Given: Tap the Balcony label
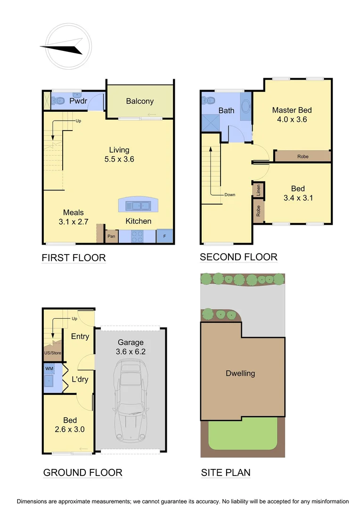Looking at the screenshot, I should tap(139, 101).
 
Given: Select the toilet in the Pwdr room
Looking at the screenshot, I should tap(59, 100).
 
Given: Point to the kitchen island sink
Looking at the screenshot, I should tap(138, 205).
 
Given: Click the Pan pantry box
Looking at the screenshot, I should tap(112, 236).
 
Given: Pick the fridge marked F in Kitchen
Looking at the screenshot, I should tap(164, 236).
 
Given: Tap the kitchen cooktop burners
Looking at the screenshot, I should tap(137, 236).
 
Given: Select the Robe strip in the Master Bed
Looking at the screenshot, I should tap(303, 156).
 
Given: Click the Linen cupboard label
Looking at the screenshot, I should tap(259, 190).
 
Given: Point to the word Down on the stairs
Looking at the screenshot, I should tap(230, 195).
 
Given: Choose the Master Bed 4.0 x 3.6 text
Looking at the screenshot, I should tap(292, 115).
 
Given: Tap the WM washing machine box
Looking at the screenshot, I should tap(49, 368).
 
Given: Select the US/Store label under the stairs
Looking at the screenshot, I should tap(52, 353).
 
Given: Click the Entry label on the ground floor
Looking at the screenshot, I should tap(80, 337).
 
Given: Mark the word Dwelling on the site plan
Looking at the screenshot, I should tap(240, 373).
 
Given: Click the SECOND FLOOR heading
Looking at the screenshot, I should tap(238, 257).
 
